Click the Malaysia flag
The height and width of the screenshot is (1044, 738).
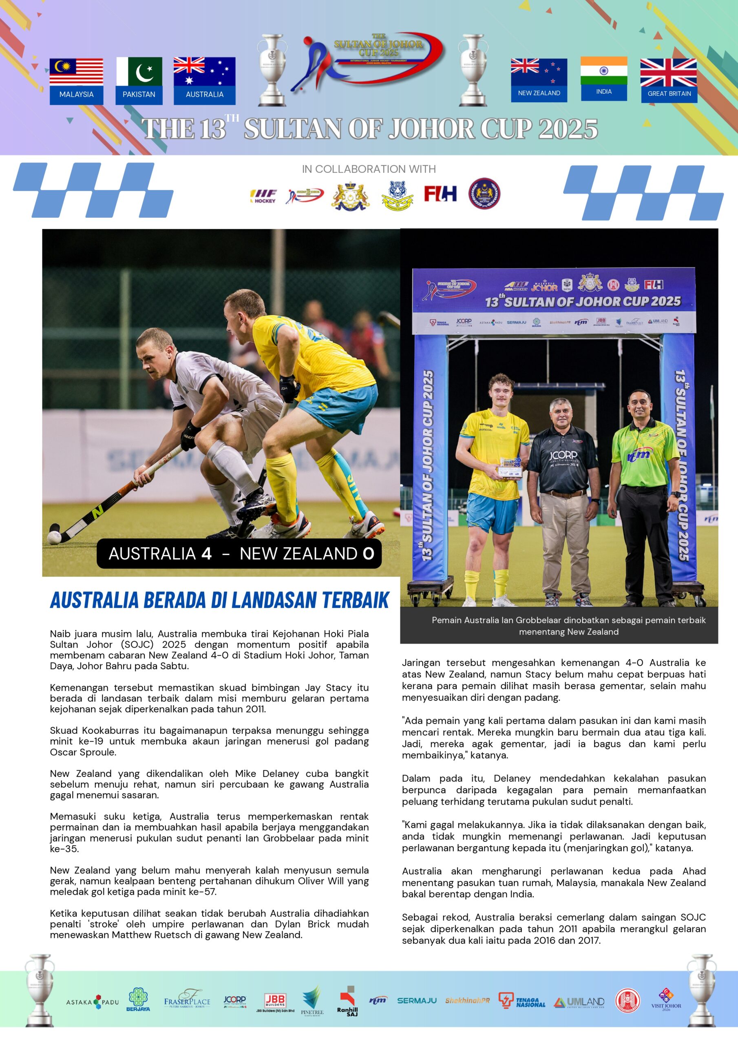tap(76, 72)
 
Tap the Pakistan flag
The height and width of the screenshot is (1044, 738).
tap(139, 71)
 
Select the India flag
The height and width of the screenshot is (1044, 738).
tap(603, 71)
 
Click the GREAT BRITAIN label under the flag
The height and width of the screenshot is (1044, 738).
tap(669, 94)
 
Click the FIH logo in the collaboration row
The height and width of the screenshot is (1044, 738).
tap(440, 194)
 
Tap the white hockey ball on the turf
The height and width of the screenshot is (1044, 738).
tap(54, 537)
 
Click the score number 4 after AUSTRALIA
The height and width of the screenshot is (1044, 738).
tap(206, 553)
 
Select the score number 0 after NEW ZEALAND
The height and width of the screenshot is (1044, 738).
tap(368, 553)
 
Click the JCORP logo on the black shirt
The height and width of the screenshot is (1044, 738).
tap(563, 455)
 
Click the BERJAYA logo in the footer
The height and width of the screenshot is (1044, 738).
tap(138, 1000)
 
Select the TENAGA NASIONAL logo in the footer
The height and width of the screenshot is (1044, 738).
tap(521, 1001)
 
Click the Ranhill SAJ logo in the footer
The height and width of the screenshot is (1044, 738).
tap(347, 1002)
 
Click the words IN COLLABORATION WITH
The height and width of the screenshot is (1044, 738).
tap(369, 169)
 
